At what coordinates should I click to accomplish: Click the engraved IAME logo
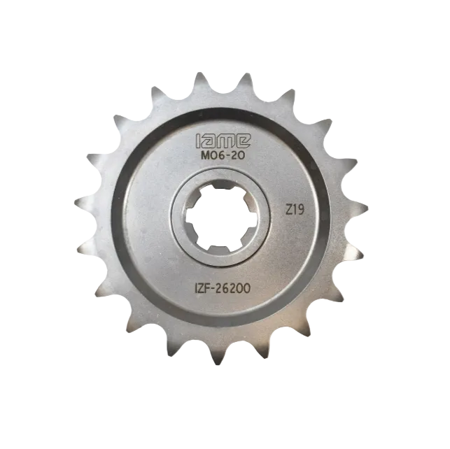pos(223,141)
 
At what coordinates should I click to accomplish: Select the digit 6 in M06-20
pos(220,156)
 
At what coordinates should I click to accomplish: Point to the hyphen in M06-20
pos(227,156)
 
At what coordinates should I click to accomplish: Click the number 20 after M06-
pos(238,156)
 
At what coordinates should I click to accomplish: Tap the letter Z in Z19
pos(288,211)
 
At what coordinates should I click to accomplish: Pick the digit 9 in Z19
pos(300,211)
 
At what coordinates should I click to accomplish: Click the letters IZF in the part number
pos(204,289)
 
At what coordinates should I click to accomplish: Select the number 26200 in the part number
pos(234,288)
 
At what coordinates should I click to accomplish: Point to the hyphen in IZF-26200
pos(214,290)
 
